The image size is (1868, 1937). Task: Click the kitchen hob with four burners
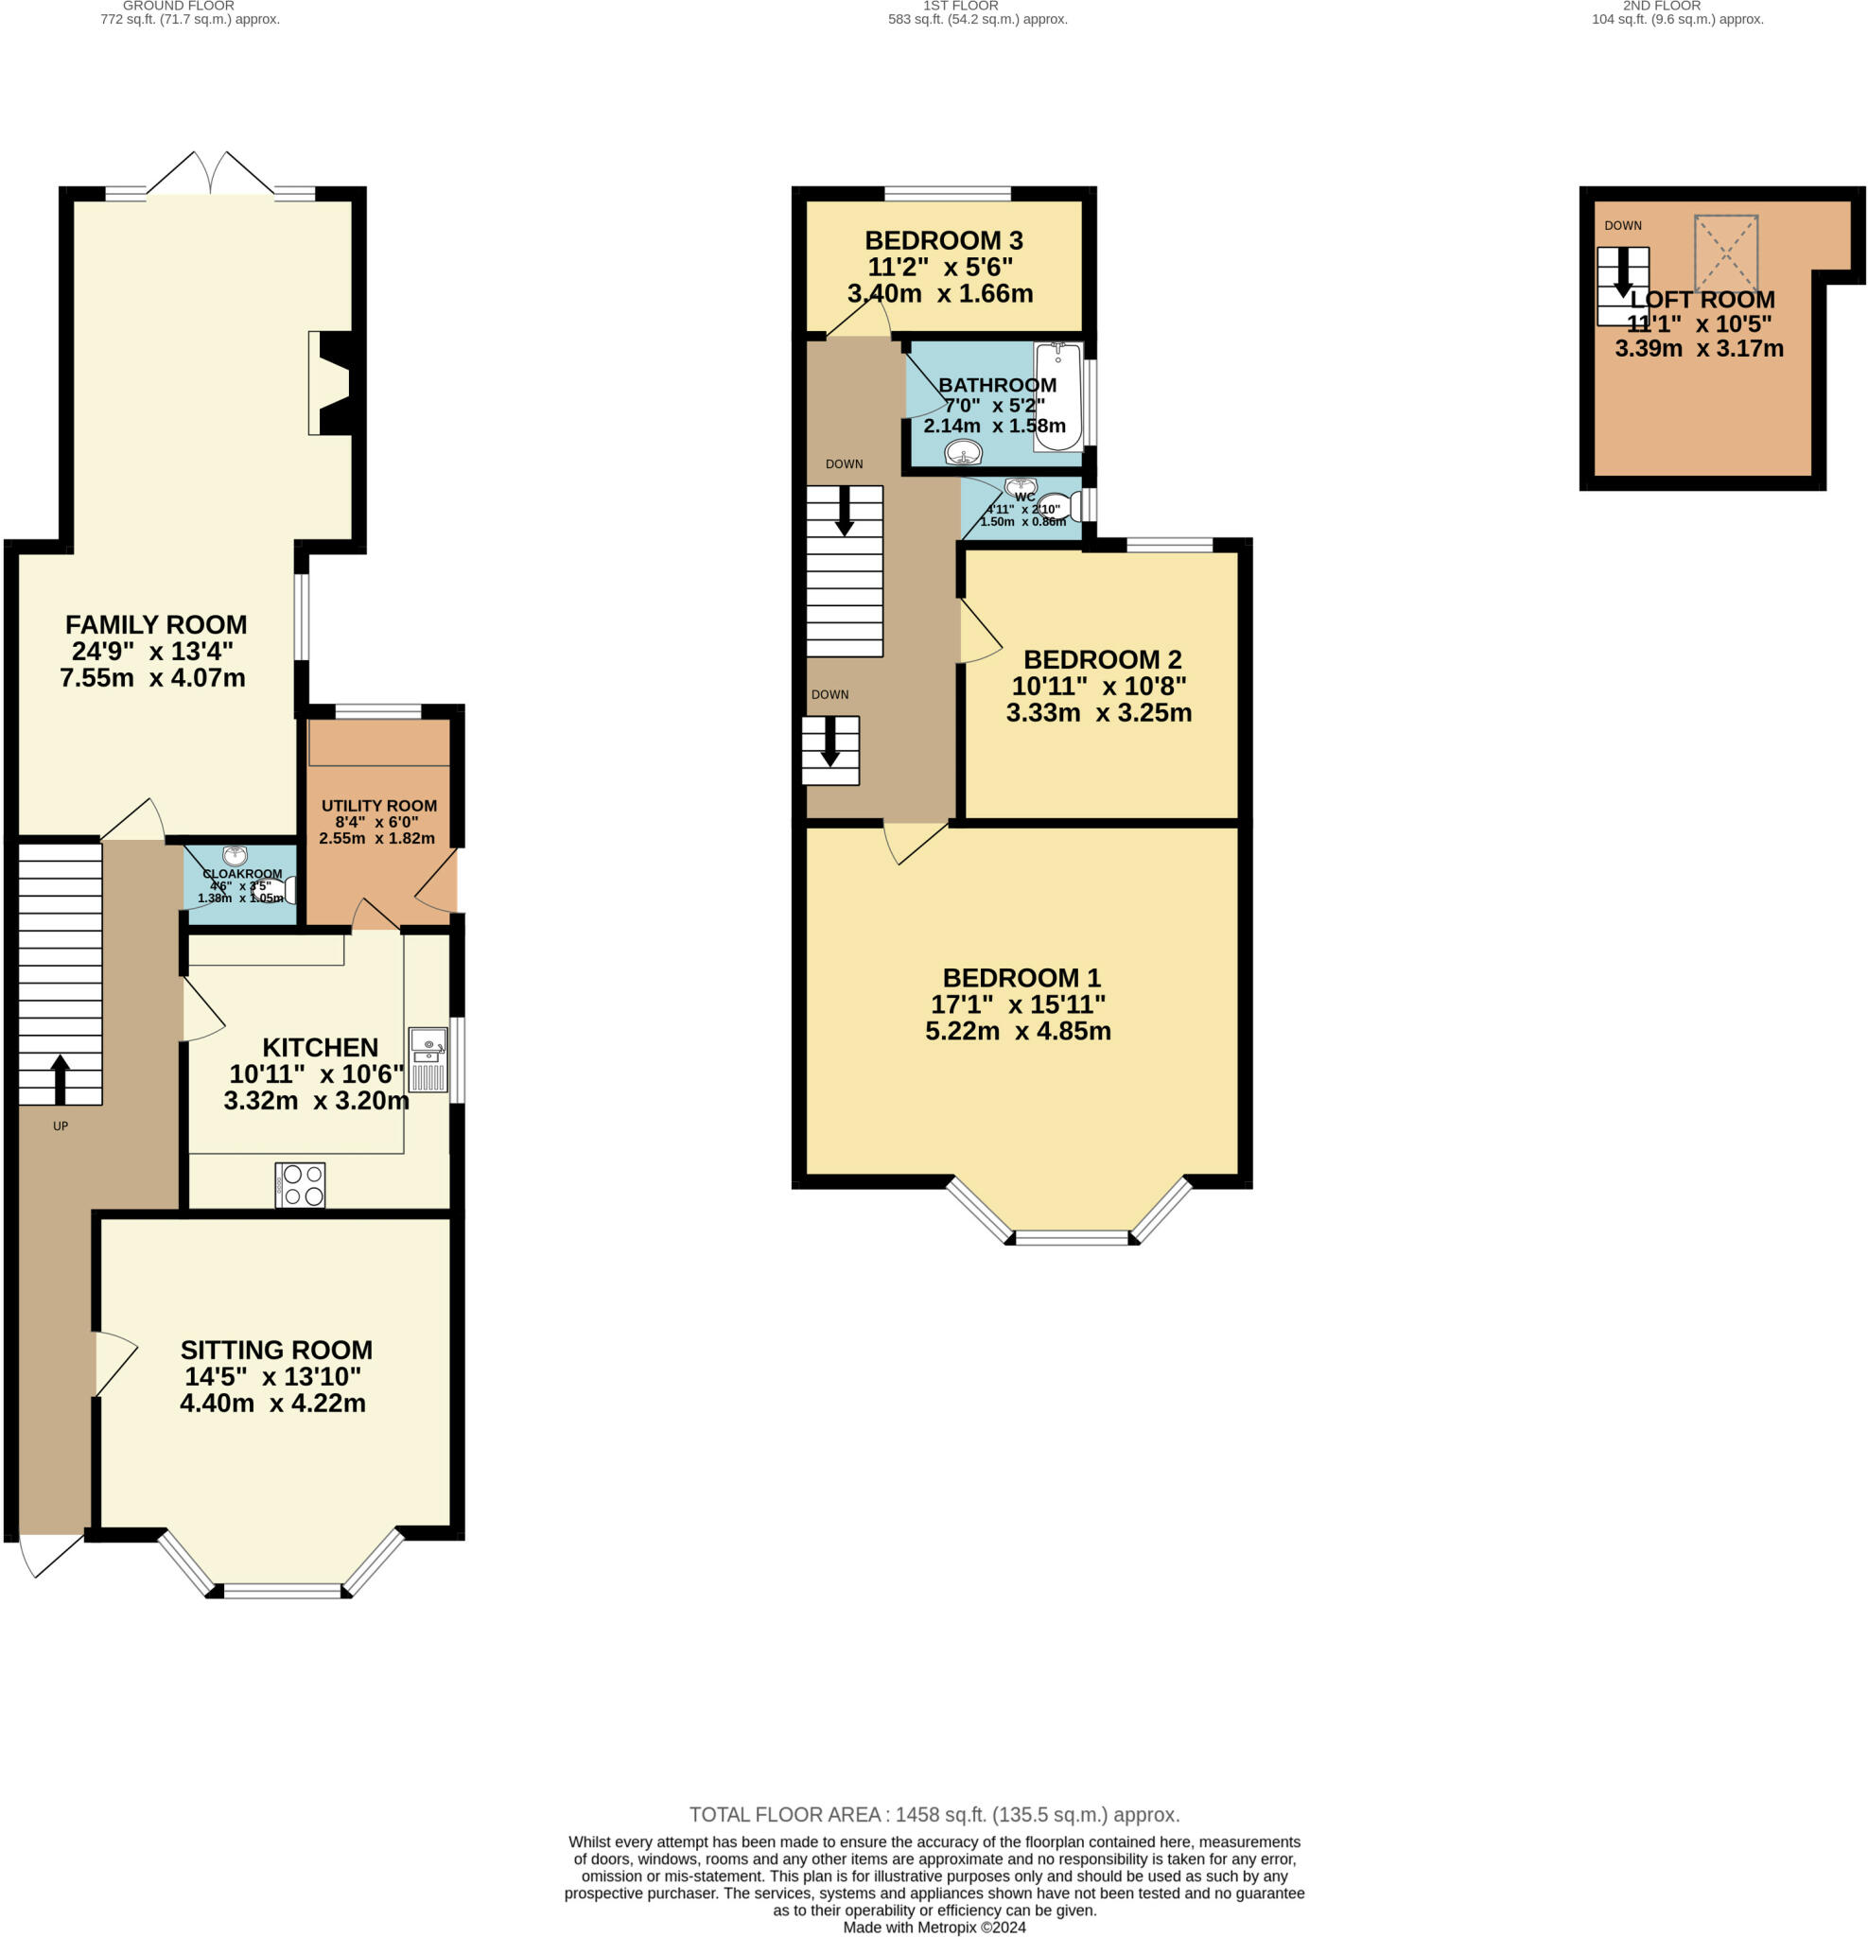tap(300, 1185)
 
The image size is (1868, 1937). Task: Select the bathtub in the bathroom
tap(1057, 396)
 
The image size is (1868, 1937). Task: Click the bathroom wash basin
tap(963, 453)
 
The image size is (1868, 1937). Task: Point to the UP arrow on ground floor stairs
tap(61, 1079)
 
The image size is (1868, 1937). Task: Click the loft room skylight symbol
tap(1726, 252)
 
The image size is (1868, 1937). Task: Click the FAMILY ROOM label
tap(156, 624)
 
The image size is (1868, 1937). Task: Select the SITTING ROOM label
tap(276, 1350)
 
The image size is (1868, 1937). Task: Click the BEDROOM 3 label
tap(943, 240)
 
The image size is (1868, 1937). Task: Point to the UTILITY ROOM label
tap(378, 806)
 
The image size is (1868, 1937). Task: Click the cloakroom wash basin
tap(236, 856)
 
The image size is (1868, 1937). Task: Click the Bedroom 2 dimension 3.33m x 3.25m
tap(1098, 712)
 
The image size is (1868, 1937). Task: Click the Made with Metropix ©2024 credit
tap(934, 1928)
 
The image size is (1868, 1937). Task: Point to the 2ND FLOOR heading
tap(1662, 6)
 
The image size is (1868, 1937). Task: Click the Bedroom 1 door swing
tap(915, 841)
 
